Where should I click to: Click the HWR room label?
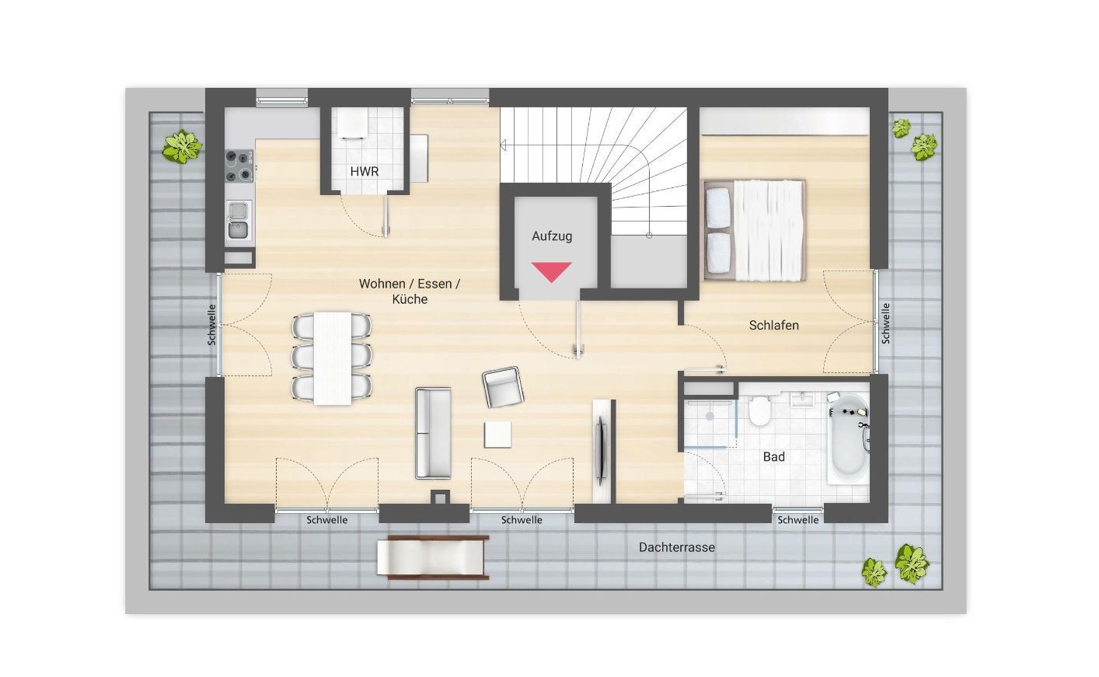[364, 172]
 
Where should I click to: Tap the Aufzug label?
[552, 236]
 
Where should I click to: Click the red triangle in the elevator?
[552, 271]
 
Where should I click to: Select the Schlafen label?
[773, 325]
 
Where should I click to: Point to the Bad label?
[773, 457]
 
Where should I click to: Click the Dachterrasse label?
[676, 547]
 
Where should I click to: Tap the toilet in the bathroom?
[759, 411]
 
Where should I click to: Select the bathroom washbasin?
[802, 400]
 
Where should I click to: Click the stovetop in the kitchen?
[239, 166]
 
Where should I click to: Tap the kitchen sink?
[239, 220]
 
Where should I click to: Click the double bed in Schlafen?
[755, 231]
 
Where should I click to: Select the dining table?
[333, 358]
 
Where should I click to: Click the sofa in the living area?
[433, 433]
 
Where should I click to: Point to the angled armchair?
[502, 387]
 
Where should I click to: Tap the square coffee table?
[497, 434]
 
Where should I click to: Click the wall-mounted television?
[601, 451]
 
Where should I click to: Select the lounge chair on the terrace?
[433, 558]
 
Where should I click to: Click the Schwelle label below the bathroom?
[797, 520]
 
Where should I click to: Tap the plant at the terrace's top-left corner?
[182, 146]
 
